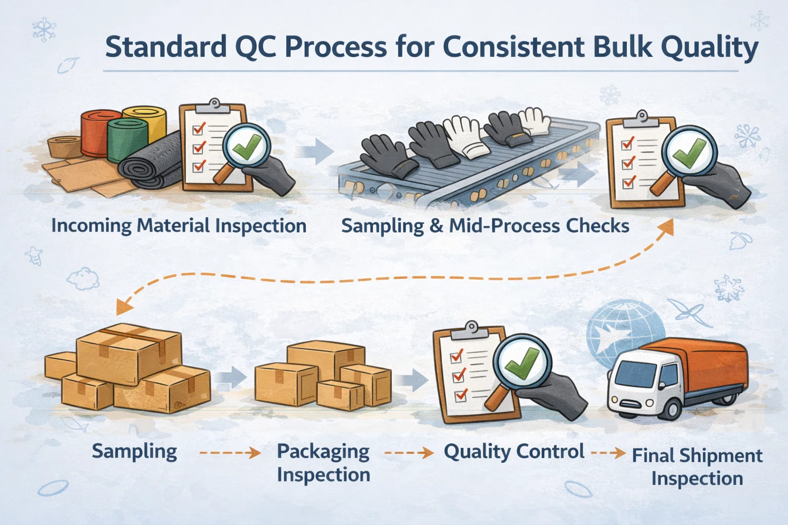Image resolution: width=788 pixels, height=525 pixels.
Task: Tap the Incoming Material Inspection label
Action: point(179,226)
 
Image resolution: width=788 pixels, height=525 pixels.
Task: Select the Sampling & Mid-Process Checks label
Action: point(485,226)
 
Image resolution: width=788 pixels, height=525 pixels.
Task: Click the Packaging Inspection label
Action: point(323,462)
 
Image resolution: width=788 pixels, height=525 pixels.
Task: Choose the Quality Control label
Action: point(514,452)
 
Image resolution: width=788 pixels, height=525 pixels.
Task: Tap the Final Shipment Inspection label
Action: point(697,467)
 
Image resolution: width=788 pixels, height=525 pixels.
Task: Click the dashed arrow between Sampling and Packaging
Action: point(230,453)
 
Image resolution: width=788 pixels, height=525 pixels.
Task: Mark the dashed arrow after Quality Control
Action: point(608,453)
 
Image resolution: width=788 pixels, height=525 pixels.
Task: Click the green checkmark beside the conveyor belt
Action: point(688,150)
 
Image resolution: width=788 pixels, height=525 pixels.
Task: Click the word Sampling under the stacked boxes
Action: point(134,452)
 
